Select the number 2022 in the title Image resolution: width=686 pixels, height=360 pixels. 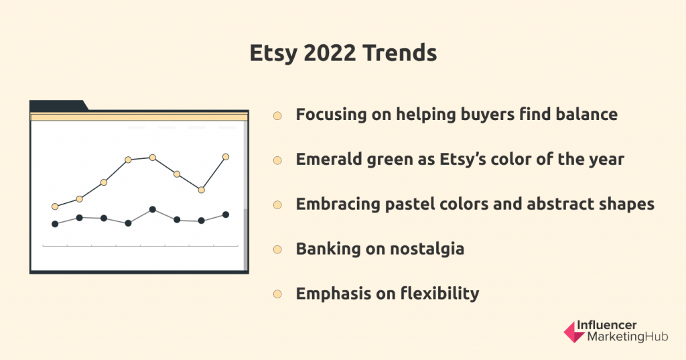coord(330,52)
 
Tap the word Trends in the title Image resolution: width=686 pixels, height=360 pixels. coord(399,52)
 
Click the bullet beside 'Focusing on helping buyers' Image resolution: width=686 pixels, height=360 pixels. coord(277,115)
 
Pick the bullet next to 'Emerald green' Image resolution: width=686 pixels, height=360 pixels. coord(277,160)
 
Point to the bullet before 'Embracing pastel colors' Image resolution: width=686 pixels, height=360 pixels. coord(277,205)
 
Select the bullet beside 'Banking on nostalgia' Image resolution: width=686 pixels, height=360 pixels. coord(277,249)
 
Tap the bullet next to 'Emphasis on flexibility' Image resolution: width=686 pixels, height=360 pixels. coord(277,294)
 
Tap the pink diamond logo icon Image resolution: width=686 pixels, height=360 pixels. coord(574,332)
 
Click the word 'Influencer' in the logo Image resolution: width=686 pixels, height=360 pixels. coord(606,325)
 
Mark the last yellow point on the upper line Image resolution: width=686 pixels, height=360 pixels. coord(226,157)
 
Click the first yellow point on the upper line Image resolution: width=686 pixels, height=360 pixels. coord(55,206)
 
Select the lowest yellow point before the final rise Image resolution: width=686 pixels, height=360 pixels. coord(201,190)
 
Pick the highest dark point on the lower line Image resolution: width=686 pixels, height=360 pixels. coord(153,209)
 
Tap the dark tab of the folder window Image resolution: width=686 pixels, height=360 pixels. coord(58,105)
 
